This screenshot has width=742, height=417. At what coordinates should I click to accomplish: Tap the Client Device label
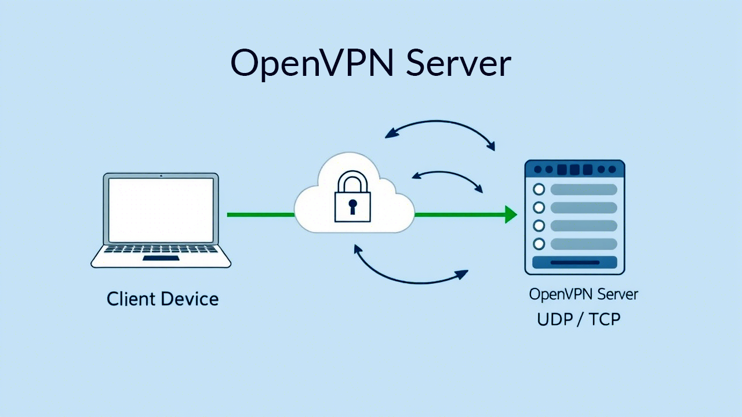pos(163,299)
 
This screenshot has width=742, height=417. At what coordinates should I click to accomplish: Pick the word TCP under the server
pos(605,320)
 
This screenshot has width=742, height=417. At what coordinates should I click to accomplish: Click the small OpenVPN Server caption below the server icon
pos(583,294)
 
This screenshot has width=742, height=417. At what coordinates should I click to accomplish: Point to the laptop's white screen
pos(161,210)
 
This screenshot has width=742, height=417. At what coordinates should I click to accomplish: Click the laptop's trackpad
pos(161,258)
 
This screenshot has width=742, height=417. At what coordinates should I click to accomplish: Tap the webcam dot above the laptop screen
pos(161,175)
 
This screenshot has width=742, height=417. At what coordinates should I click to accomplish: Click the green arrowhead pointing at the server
pos(510,214)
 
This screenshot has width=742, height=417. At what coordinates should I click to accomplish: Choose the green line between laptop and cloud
pos(261,215)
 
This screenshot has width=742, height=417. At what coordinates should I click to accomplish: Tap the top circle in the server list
pos(539,189)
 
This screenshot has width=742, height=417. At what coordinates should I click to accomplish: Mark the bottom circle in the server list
pos(539,244)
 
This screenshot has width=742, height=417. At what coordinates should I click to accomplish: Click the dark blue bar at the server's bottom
pos(574,262)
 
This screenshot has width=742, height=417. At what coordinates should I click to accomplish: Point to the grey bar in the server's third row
pos(583,226)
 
